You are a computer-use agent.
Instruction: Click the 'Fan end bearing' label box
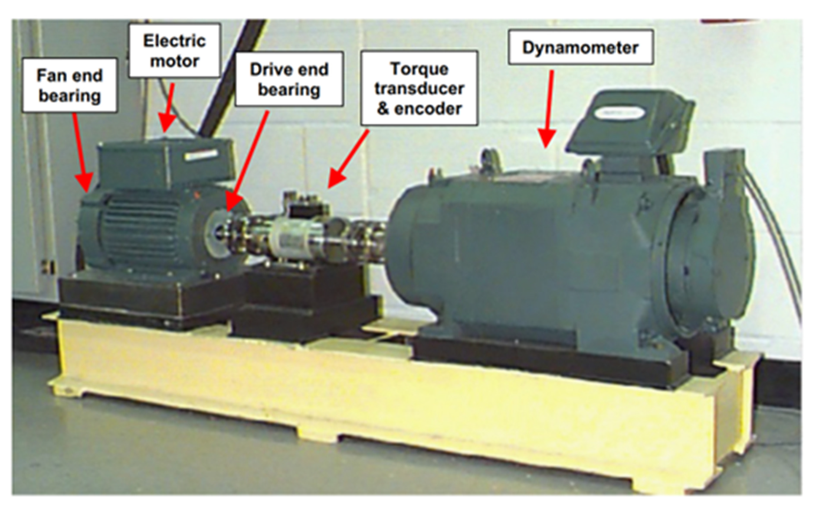point(69,85)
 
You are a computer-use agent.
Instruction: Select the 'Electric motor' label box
point(174,51)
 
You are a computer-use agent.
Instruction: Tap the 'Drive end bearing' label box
point(289,79)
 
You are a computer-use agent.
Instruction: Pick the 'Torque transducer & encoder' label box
point(419,88)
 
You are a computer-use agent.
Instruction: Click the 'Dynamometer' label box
point(580,47)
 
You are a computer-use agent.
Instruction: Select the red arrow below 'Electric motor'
point(168,106)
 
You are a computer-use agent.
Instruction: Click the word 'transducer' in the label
point(419,88)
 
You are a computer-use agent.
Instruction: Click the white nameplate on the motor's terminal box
point(200,155)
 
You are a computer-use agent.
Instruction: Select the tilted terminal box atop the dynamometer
point(629,121)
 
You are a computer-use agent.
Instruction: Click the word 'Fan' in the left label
point(48,75)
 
